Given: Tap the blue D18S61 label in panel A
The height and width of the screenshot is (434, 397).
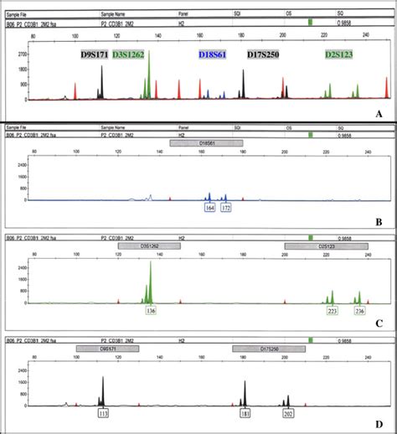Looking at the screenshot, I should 214,54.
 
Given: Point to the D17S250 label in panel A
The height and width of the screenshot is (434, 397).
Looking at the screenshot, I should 263,54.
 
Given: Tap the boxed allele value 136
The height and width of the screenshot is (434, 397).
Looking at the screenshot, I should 150,310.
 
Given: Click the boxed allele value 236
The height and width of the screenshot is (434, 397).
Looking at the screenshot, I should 359,310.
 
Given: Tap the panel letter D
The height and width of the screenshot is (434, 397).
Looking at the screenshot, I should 379,425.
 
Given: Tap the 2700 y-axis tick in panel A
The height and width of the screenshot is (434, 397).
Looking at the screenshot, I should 23,52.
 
